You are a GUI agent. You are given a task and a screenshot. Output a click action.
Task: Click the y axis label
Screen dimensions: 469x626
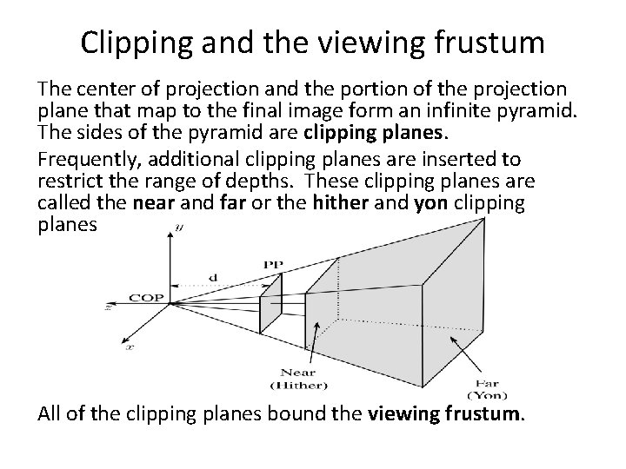(x=179, y=228)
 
